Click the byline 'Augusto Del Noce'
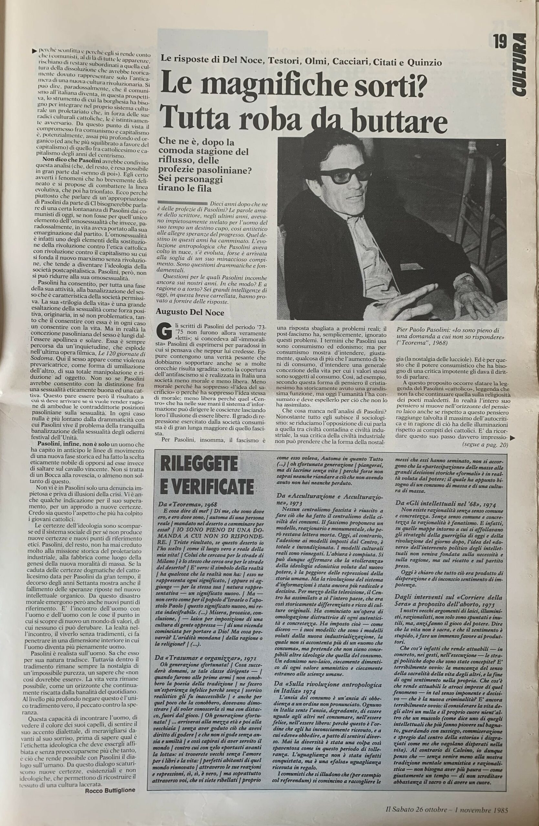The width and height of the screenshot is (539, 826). tap(190, 312)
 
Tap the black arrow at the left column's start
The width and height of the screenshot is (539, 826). tap(34, 51)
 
